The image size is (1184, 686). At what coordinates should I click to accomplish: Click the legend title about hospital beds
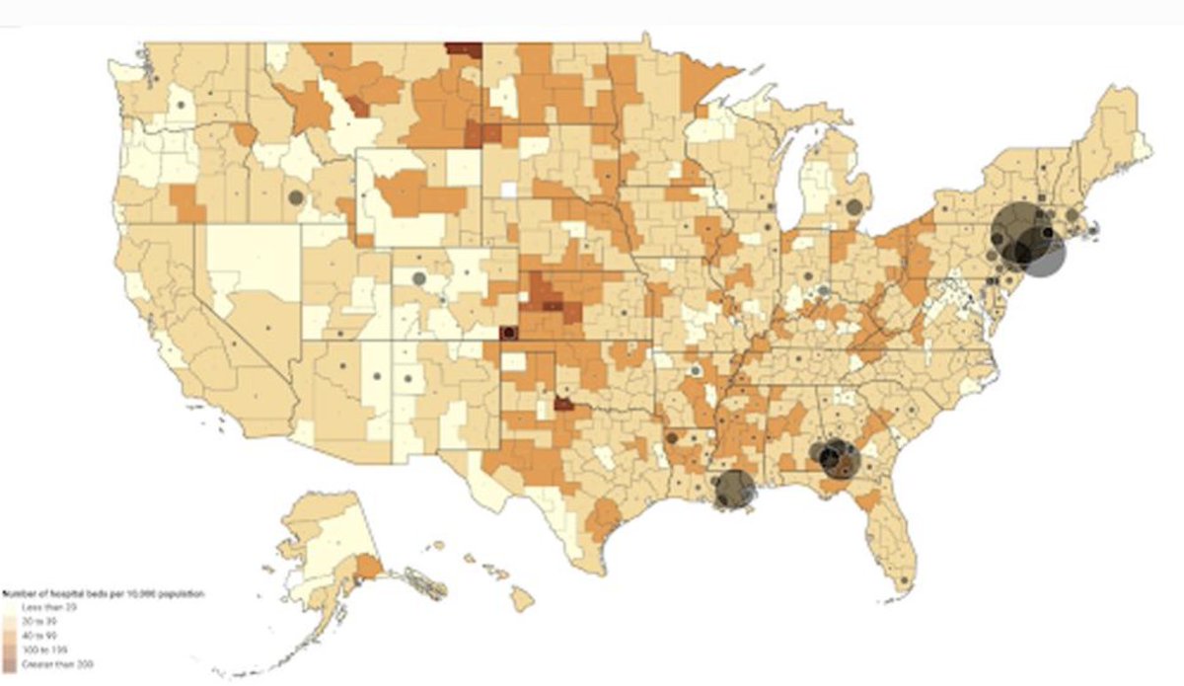pyautogui.click(x=104, y=594)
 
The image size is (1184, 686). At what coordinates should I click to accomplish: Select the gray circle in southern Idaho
pyautogui.click(x=295, y=197)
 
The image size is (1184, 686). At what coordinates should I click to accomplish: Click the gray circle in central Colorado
pyautogui.click(x=418, y=278)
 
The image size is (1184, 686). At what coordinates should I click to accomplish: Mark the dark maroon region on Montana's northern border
pyautogui.click(x=464, y=48)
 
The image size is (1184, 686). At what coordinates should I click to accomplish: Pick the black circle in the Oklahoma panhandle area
pyautogui.click(x=508, y=333)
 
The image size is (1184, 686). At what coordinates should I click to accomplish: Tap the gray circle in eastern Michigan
pyautogui.click(x=854, y=206)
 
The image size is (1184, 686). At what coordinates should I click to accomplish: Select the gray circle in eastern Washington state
pyautogui.click(x=182, y=103)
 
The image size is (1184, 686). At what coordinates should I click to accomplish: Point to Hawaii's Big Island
pyautogui.click(x=522, y=597)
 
